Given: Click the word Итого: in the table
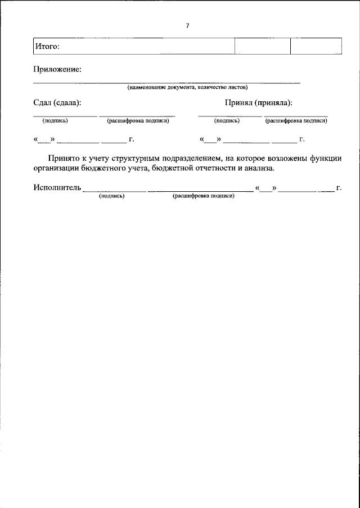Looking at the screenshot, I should click(x=47, y=46).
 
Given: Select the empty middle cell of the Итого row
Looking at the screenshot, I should click(x=262, y=46).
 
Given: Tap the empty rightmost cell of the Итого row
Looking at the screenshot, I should click(x=316, y=46).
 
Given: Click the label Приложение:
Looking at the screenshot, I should click(x=57, y=69).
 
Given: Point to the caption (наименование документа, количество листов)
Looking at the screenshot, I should click(x=187, y=87).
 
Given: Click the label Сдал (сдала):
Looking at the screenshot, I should click(x=57, y=103).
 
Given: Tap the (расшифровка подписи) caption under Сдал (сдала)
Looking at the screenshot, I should click(x=138, y=120).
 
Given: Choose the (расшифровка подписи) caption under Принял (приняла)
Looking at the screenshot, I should click(x=296, y=120).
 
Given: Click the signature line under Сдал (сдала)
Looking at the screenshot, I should click(x=65, y=116).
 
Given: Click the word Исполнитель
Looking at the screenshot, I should click(x=57, y=188).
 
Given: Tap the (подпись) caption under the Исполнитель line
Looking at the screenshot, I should click(x=111, y=196).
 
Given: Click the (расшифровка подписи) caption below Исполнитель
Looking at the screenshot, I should click(x=204, y=196).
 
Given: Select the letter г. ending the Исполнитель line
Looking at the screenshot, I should click(x=339, y=188).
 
